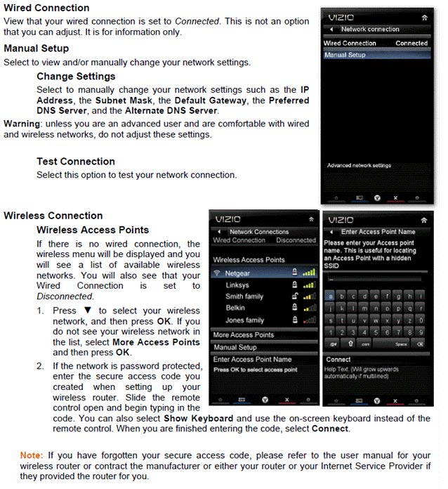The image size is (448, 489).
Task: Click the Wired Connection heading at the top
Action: (46, 8)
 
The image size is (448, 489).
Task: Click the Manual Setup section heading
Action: (36, 48)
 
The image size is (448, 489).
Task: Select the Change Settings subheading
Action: (76, 76)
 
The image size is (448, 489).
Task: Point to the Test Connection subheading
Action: (76, 162)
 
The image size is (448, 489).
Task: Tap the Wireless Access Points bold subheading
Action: (93, 230)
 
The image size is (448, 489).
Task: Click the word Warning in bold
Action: (22, 124)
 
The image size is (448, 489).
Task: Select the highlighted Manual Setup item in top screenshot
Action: (345, 55)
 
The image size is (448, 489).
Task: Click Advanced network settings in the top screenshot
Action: (360, 166)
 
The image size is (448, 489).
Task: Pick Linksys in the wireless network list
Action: (237, 285)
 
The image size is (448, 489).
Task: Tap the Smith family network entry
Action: (245, 296)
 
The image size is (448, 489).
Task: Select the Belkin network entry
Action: (235, 308)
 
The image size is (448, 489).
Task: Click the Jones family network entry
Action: (245, 320)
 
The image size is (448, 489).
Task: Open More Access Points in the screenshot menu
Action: (243, 334)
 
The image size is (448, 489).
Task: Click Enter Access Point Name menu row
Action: (252, 360)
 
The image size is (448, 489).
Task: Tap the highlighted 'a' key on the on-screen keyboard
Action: (331, 296)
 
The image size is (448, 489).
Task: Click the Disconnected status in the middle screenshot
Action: (296, 240)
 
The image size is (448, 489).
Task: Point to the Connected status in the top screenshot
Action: (411, 44)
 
